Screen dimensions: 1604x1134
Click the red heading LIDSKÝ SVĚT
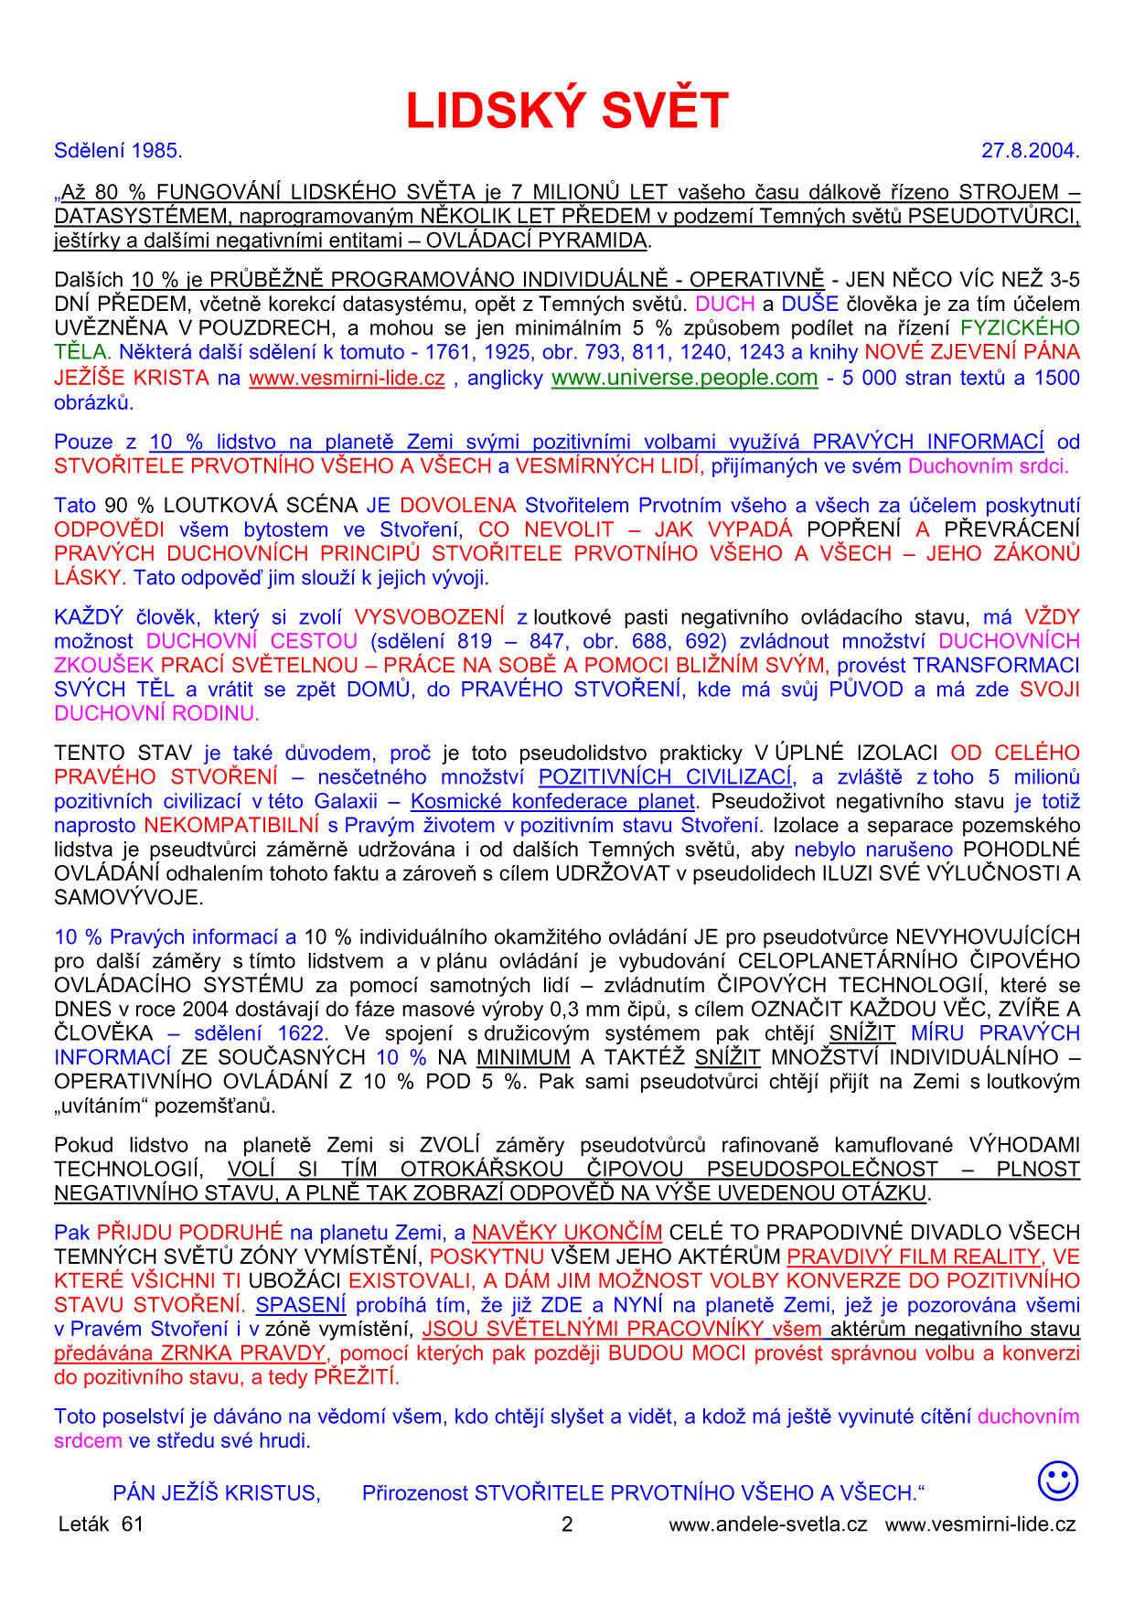coord(567,111)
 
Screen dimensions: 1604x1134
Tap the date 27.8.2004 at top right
coord(1030,151)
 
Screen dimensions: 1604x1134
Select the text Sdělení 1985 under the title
coord(118,151)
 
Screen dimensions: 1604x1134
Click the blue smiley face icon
coord(1057,1481)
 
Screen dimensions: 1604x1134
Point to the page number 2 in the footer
coord(567,1524)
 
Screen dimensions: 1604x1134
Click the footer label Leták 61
coord(101,1524)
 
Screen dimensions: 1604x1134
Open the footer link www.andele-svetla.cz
coord(767,1524)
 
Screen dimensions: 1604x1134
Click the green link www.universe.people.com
coord(684,378)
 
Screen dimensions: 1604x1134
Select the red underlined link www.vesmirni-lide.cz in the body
coord(347,378)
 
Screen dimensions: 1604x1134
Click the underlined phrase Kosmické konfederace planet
coord(553,802)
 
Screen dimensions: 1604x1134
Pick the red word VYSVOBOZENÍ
coord(429,617)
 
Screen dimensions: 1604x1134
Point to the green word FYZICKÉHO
coord(1020,328)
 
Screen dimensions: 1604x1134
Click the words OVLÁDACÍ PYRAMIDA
coord(537,241)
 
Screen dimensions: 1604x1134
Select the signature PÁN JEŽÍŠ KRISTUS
coord(217,1493)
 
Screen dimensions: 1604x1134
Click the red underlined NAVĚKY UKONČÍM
coord(567,1233)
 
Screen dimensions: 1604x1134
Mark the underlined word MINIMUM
coord(523,1058)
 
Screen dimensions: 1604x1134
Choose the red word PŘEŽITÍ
coord(357,1377)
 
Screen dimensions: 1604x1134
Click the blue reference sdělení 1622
coord(260,1033)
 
